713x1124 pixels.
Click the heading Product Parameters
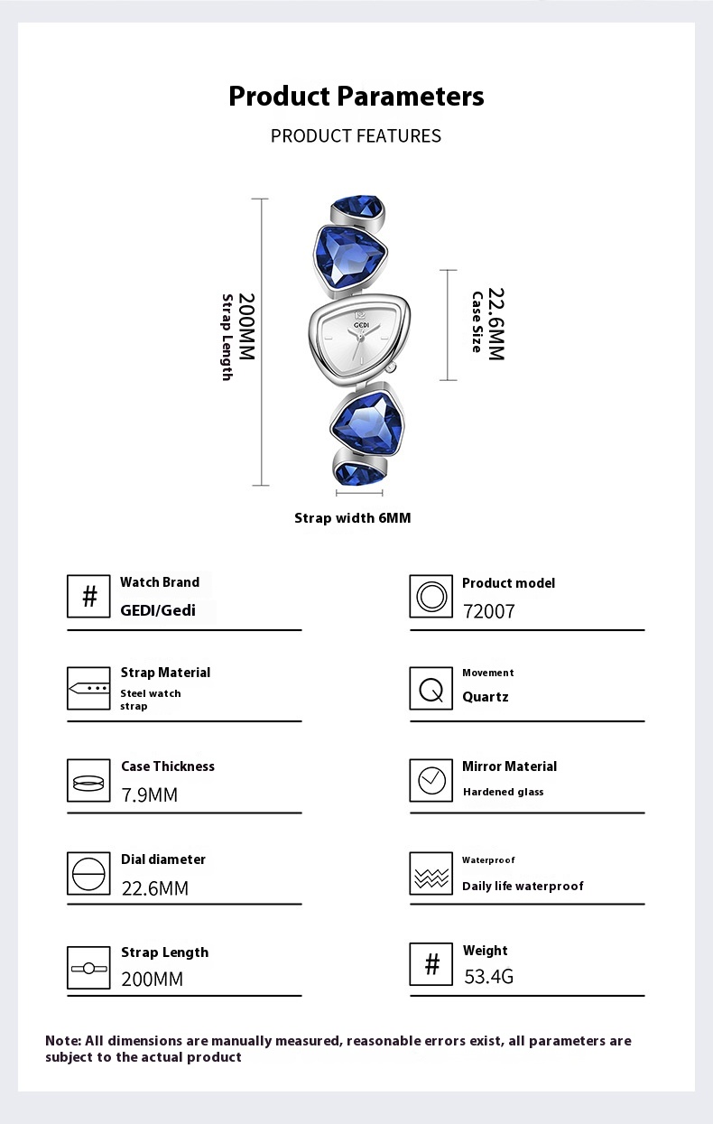click(356, 96)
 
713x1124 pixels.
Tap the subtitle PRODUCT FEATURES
click(356, 135)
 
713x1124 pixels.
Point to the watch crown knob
click(392, 367)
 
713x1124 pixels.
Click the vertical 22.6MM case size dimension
click(495, 324)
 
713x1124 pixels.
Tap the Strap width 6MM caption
click(352, 518)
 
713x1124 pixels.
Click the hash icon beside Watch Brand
click(89, 597)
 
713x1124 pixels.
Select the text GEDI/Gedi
click(158, 609)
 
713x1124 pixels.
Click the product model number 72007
click(488, 611)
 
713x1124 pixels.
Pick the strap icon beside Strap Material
click(89, 689)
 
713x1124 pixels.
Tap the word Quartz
click(486, 697)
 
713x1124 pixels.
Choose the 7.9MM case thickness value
click(149, 794)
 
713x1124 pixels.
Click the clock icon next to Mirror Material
click(431, 780)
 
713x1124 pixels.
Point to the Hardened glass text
click(503, 792)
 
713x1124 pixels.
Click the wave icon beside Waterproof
click(431, 874)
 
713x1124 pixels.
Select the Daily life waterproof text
click(523, 886)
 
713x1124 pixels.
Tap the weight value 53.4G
click(488, 976)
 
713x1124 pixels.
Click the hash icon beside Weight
click(431, 965)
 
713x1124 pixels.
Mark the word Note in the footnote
click(62, 1041)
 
